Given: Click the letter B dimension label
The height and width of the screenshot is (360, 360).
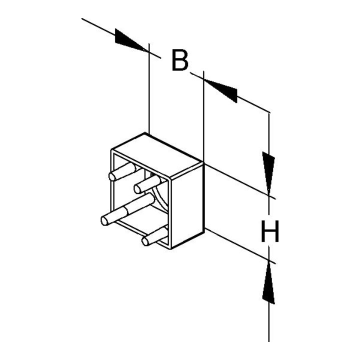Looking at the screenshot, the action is [180, 60].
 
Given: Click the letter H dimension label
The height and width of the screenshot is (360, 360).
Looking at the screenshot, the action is [270, 231].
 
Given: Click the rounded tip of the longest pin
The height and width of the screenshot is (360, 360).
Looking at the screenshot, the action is [104, 221].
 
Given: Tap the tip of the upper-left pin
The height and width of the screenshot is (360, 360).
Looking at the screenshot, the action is [112, 177].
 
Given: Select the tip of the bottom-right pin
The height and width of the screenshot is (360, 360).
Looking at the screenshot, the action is [145, 241].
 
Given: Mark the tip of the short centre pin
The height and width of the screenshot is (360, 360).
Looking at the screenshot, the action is [137, 189].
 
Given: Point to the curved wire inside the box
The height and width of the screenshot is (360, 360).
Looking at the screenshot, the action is [160, 199].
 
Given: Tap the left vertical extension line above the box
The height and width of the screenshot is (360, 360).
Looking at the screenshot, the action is [149, 88].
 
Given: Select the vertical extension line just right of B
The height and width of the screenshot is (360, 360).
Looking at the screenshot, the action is [203, 116].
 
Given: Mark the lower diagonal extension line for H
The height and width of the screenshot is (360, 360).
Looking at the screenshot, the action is [240, 246].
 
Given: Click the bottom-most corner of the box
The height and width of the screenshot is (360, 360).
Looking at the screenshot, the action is [171, 249].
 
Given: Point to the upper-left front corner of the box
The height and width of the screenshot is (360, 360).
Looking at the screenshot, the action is [112, 150].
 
